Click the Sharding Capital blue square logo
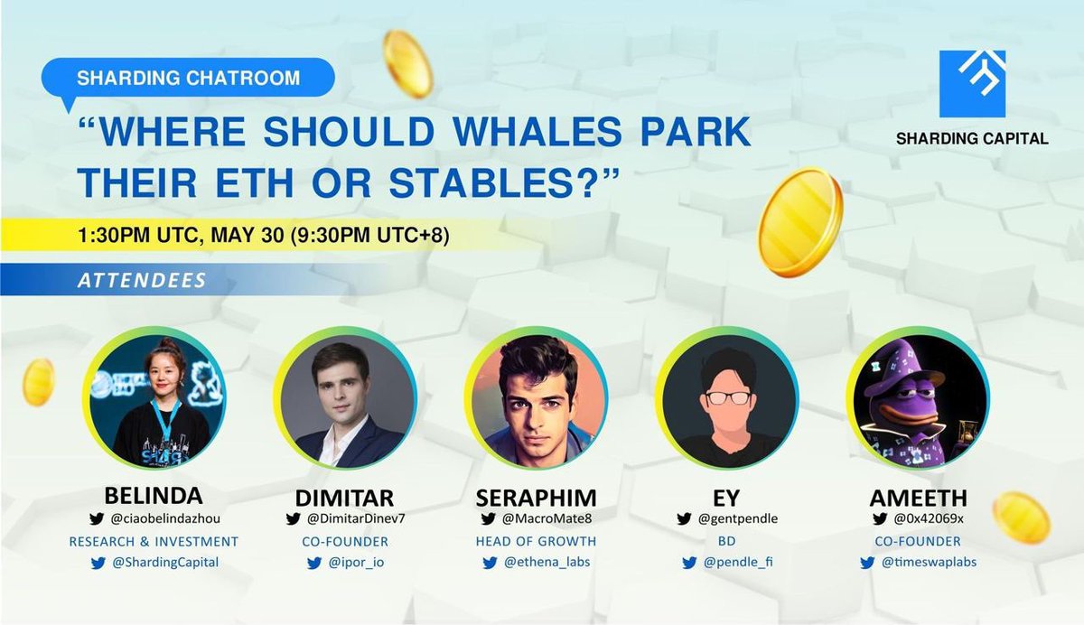pyautogui.click(x=972, y=84)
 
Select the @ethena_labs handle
pyautogui.click(x=545, y=562)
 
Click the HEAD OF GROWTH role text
pyautogui.click(x=537, y=541)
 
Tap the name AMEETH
pyautogui.click(x=918, y=497)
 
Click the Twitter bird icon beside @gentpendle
pyautogui.click(x=685, y=518)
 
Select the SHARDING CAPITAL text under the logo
pyautogui.click(x=972, y=138)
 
